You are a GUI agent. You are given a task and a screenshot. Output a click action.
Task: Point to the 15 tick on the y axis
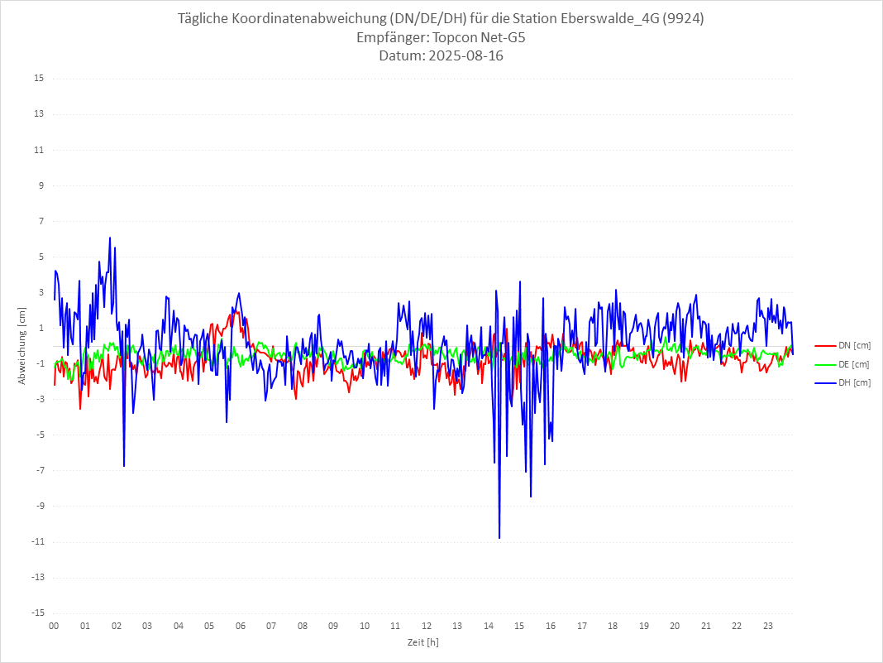coord(39,79)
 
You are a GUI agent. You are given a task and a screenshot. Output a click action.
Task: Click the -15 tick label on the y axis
coord(37,613)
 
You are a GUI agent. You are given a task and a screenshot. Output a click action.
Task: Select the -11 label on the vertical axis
coord(37,541)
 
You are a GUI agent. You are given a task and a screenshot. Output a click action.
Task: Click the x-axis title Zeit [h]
coord(422,641)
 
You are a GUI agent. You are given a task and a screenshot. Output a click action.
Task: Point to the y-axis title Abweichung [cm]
coord(22,345)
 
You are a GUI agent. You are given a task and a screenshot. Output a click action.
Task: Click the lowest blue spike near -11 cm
coord(499,538)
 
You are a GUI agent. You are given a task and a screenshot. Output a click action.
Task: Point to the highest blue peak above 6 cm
coord(110,238)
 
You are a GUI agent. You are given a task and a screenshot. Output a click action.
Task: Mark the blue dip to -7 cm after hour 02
coord(124,466)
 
